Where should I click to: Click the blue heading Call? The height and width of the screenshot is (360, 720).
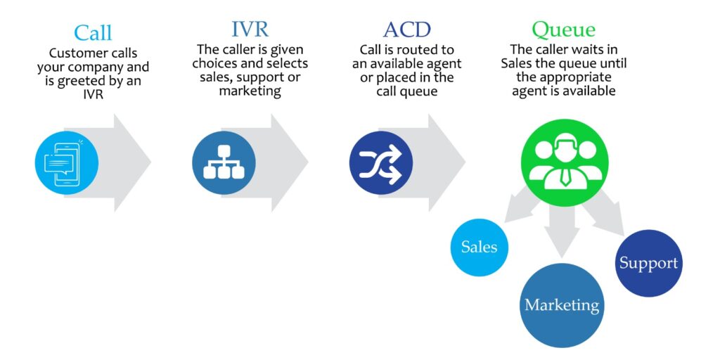[93, 32]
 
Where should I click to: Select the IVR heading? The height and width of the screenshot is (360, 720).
[250, 30]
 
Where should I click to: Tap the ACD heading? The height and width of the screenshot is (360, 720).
[406, 30]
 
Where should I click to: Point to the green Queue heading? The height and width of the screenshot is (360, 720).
[563, 30]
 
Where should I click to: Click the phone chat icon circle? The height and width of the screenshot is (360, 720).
[67, 163]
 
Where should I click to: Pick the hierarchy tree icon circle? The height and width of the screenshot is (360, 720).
[224, 163]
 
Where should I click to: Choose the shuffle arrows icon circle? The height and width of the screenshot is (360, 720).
[380, 163]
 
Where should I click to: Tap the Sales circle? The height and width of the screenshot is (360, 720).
[479, 247]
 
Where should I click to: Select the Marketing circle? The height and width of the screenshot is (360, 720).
[562, 305]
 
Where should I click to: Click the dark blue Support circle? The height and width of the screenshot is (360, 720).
[648, 263]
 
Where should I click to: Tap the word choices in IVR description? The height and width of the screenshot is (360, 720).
[219, 64]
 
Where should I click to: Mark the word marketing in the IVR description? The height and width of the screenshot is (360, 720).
[250, 91]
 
